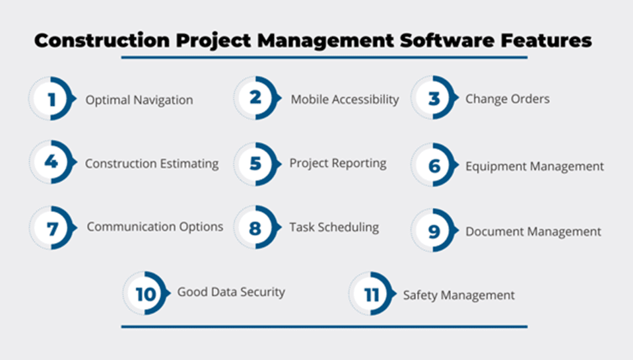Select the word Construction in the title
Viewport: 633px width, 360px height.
(x=102, y=40)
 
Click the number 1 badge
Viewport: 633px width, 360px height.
(x=52, y=98)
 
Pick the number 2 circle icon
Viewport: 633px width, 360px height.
(x=257, y=98)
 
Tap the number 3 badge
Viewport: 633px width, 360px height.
(x=434, y=97)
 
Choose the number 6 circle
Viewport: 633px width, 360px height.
(x=434, y=165)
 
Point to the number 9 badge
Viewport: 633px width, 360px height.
(x=434, y=231)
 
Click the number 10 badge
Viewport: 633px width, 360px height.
(x=146, y=293)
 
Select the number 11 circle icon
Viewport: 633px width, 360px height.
(x=372, y=294)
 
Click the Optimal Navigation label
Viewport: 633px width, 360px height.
(x=139, y=100)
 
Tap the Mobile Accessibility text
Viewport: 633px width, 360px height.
(x=345, y=99)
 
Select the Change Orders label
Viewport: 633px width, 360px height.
(x=508, y=98)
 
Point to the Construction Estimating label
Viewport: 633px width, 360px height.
(x=152, y=164)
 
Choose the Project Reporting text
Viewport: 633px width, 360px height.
(x=338, y=163)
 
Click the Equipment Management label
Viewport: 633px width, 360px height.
(x=535, y=166)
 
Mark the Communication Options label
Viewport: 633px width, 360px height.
(x=155, y=227)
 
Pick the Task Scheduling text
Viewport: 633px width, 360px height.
(x=334, y=227)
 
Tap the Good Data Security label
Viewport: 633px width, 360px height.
(x=231, y=292)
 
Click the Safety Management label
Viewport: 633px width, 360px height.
(x=459, y=295)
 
